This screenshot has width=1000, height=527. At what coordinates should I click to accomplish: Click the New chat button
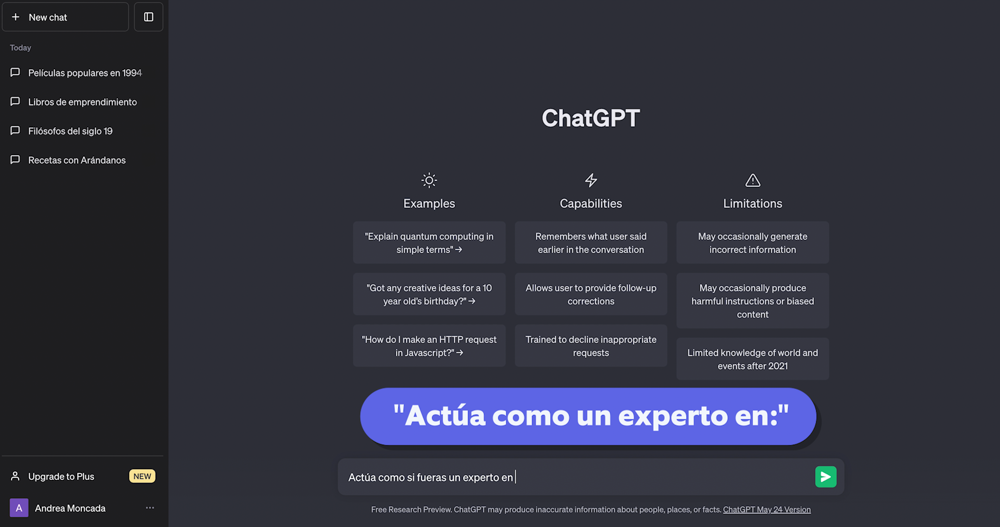pos(65,17)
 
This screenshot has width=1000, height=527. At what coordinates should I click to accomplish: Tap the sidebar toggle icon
pos(148,17)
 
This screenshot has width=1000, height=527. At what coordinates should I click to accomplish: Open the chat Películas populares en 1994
pos(85,73)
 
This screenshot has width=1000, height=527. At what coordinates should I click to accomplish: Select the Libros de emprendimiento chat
pos(82,102)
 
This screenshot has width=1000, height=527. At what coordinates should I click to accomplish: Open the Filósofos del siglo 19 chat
pos(70,131)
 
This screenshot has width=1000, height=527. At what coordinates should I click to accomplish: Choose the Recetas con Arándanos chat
pos(77,161)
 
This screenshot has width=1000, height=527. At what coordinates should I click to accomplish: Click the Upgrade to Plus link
pos(61,476)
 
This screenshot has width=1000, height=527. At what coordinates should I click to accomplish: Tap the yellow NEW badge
pos(142,476)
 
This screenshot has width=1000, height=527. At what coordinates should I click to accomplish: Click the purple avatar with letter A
pos(19,508)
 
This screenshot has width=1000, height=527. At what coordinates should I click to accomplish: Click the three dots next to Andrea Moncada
pos(150,508)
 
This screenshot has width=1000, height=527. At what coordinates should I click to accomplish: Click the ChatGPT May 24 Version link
pos(767,510)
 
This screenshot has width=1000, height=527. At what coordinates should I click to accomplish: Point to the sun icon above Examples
pos(429,180)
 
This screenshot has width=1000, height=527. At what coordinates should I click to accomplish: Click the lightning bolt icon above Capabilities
pos(591,180)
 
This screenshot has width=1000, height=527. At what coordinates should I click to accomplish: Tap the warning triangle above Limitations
pos(753,180)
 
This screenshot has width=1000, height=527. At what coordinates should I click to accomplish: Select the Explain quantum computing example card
pos(429,243)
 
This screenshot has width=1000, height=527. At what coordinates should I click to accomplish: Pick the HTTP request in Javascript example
pos(429,346)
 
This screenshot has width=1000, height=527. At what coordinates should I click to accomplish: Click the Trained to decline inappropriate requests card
pos(591,346)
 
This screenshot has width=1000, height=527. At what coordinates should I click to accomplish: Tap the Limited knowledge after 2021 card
pos(753,359)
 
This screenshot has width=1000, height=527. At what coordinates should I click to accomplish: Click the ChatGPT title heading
pos(591,118)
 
